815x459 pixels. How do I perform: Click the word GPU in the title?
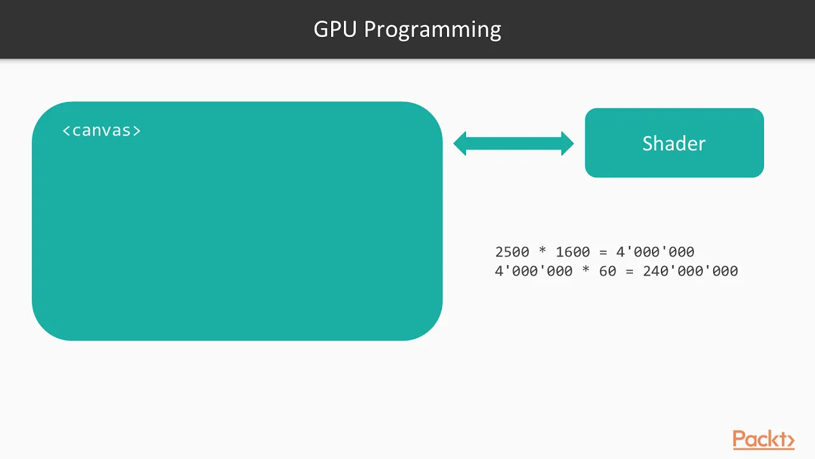click(335, 29)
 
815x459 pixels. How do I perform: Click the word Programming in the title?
click(432, 31)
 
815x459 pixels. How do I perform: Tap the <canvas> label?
click(101, 131)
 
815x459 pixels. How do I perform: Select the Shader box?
click(674, 143)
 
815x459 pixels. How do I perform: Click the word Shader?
click(674, 143)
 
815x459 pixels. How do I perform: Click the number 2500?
click(512, 252)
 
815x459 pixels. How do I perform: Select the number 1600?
click(572, 252)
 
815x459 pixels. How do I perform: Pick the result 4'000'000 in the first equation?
click(655, 252)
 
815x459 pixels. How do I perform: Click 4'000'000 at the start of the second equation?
click(534, 271)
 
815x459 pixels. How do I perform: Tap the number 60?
click(607, 272)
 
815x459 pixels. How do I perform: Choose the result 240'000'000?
click(691, 271)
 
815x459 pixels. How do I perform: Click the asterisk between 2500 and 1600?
click(542, 251)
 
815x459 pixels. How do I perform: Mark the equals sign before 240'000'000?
click(630, 272)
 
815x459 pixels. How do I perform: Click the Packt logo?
click(763, 439)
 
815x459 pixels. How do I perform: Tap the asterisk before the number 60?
click(586, 270)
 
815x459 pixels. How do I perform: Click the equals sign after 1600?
click(603, 252)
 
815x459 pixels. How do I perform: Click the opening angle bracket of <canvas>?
click(66, 131)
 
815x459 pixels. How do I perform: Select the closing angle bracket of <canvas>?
click(137, 131)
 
